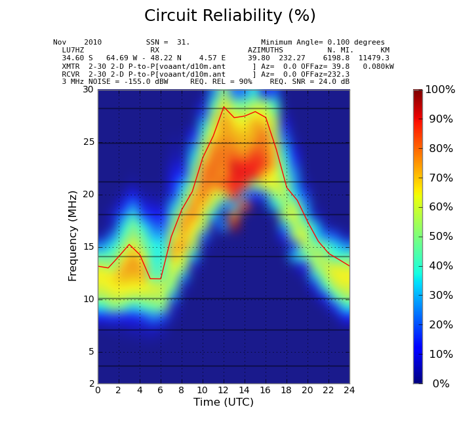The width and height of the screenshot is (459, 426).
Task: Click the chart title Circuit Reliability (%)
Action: [x=229, y=16]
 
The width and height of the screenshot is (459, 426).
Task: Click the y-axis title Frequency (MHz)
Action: [x=73, y=235]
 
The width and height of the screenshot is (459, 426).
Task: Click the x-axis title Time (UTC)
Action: [x=223, y=402]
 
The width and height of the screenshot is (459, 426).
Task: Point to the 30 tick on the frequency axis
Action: [x=88, y=90]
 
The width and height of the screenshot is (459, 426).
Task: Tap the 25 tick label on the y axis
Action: [x=88, y=142]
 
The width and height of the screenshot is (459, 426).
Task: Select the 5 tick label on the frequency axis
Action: [x=90, y=352]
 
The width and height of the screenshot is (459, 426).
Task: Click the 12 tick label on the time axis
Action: [x=224, y=391]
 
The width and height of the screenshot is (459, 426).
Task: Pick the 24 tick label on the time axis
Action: [x=349, y=391]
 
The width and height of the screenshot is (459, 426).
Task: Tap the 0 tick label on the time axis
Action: [x=98, y=391]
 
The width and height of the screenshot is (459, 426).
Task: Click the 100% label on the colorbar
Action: [x=439, y=90]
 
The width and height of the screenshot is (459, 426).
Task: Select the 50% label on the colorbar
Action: [x=441, y=237]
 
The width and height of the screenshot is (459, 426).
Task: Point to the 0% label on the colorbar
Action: [x=441, y=384]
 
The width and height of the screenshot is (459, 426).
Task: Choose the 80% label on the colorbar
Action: [x=441, y=149]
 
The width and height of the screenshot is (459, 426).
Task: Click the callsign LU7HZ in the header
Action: [x=73, y=50]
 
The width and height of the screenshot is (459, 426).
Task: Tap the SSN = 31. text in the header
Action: [x=168, y=43]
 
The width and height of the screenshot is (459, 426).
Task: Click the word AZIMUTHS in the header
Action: [x=266, y=50]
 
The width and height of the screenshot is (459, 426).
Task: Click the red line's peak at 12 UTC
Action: [x=224, y=106]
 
